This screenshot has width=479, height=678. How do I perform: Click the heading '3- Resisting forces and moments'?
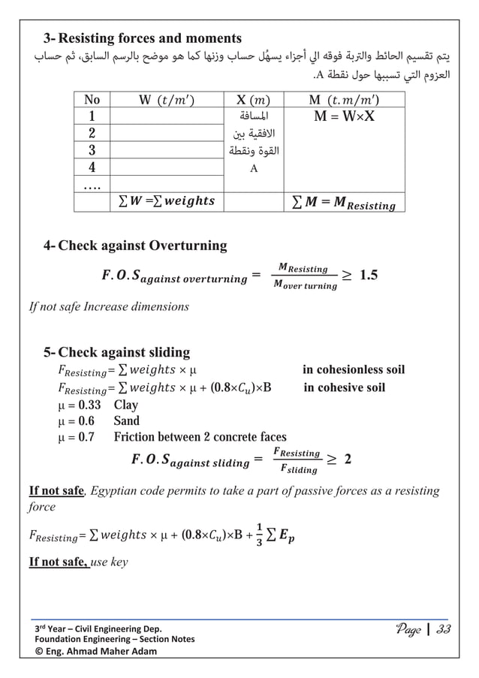[142, 38]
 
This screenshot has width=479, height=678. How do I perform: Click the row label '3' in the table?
[92, 149]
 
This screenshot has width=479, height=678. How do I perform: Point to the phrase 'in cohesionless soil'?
[353, 370]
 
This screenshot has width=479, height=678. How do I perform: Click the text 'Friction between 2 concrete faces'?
[200, 437]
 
